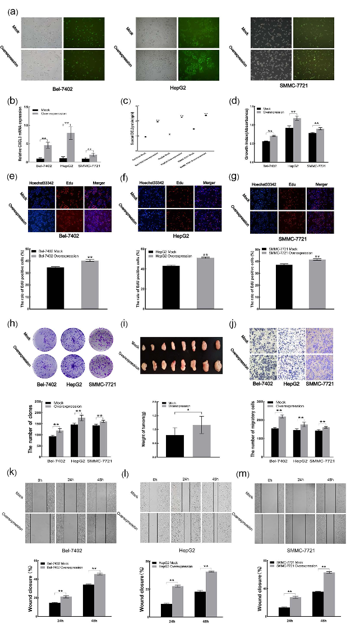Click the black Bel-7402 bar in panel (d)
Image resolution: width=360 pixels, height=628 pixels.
tap(266, 152)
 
